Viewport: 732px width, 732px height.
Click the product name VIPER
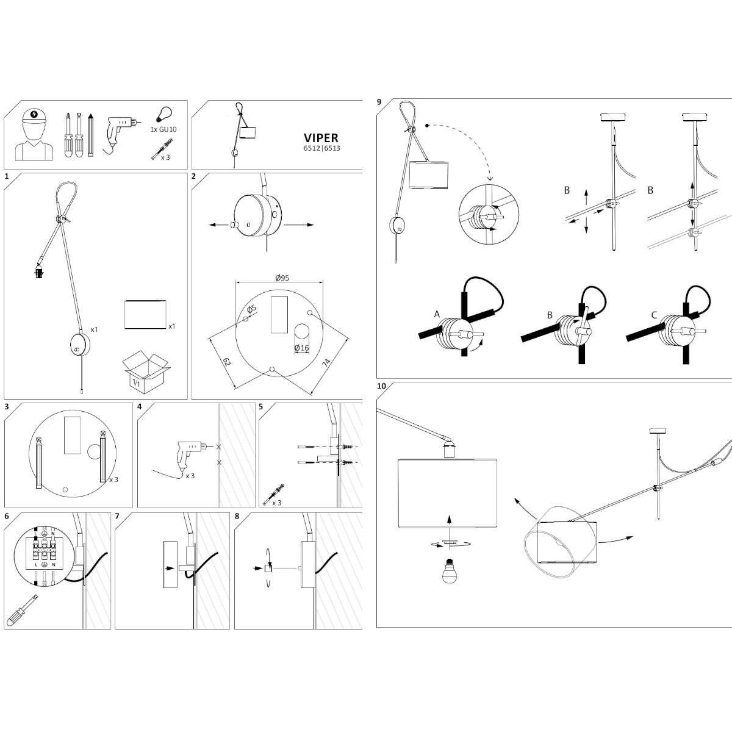click(x=321, y=138)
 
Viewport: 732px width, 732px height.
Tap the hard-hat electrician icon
click(x=34, y=135)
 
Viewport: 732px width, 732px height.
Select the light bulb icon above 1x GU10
click(x=162, y=114)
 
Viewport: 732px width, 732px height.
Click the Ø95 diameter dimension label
click(x=281, y=278)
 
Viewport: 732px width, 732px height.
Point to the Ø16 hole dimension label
click(x=301, y=348)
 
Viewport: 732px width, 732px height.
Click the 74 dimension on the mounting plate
click(x=326, y=362)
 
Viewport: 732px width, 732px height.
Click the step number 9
click(x=379, y=102)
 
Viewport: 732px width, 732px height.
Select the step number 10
click(x=381, y=386)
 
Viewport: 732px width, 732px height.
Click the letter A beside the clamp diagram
click(x=437, y=314)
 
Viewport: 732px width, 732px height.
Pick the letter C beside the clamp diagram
click(x=654, y=315)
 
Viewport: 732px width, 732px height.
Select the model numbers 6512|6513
click(x=321, y=148)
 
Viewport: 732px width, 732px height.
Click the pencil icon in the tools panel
click(x=90, y=135)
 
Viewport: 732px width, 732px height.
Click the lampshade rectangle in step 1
click(x=145, y=315)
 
